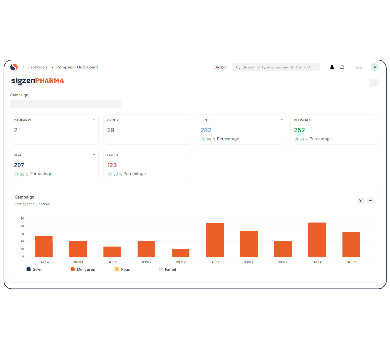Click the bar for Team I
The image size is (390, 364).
click(215, 240)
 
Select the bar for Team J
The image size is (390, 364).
click(181, 253)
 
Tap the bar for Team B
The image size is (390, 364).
click(317, 240)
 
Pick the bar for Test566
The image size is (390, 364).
click(78, 249)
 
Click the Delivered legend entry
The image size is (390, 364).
click(83, 269)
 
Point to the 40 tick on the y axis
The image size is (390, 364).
click(22, 226)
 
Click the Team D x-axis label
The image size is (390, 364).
click(249, 262)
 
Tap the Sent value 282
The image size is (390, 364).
click(206, 130)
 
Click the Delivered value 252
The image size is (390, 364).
click(299, 130)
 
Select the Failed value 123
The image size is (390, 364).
click(112, 165)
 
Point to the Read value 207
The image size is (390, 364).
click(19, 165)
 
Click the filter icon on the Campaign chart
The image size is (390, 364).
click(361, 200)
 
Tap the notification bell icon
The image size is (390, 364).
click(342, 67)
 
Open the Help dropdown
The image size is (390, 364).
click(359, 67)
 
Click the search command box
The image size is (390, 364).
click(276, 67)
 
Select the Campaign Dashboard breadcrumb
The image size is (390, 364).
click(77, 67)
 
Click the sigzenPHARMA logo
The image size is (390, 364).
click(38, 81)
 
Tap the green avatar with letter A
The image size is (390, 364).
click(375, 67)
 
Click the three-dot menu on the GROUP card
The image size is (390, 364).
click(188, 120)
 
